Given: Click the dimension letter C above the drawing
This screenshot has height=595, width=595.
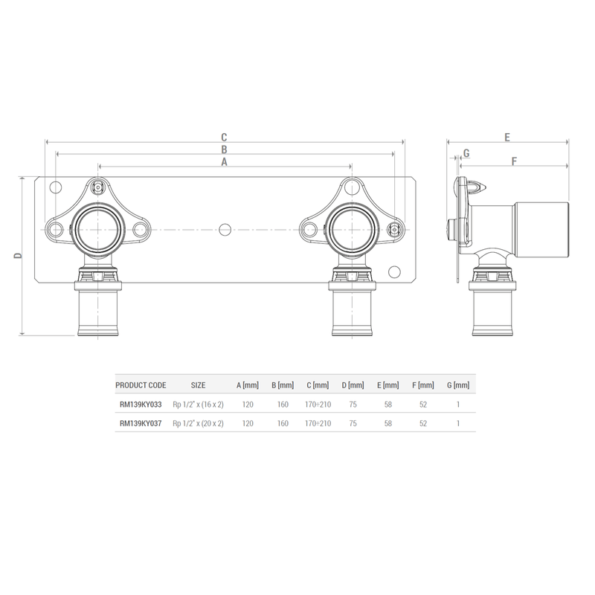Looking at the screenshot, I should tap(223, 137).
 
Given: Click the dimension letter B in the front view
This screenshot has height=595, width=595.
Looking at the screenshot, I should tap(223, 149).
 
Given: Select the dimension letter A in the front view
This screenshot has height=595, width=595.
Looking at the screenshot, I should tap(223, 161).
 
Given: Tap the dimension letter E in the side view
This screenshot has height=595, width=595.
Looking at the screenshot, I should tap(506, 137).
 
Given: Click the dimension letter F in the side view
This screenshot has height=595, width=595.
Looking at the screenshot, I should tap(514, 161).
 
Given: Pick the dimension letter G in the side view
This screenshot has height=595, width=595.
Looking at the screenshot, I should tap(466, 153).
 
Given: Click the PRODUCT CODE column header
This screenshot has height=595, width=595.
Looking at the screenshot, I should tap(141, 385).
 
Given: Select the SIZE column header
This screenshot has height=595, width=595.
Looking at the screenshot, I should tap(198, 385).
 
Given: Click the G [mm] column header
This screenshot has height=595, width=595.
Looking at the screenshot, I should tap(458, 385).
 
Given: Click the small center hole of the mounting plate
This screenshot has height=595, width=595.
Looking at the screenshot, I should tap(224, 228).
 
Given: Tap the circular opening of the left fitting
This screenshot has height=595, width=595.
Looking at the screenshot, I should tap(97, 228).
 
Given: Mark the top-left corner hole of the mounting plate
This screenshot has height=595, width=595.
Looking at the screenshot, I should tap(53, 187).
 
